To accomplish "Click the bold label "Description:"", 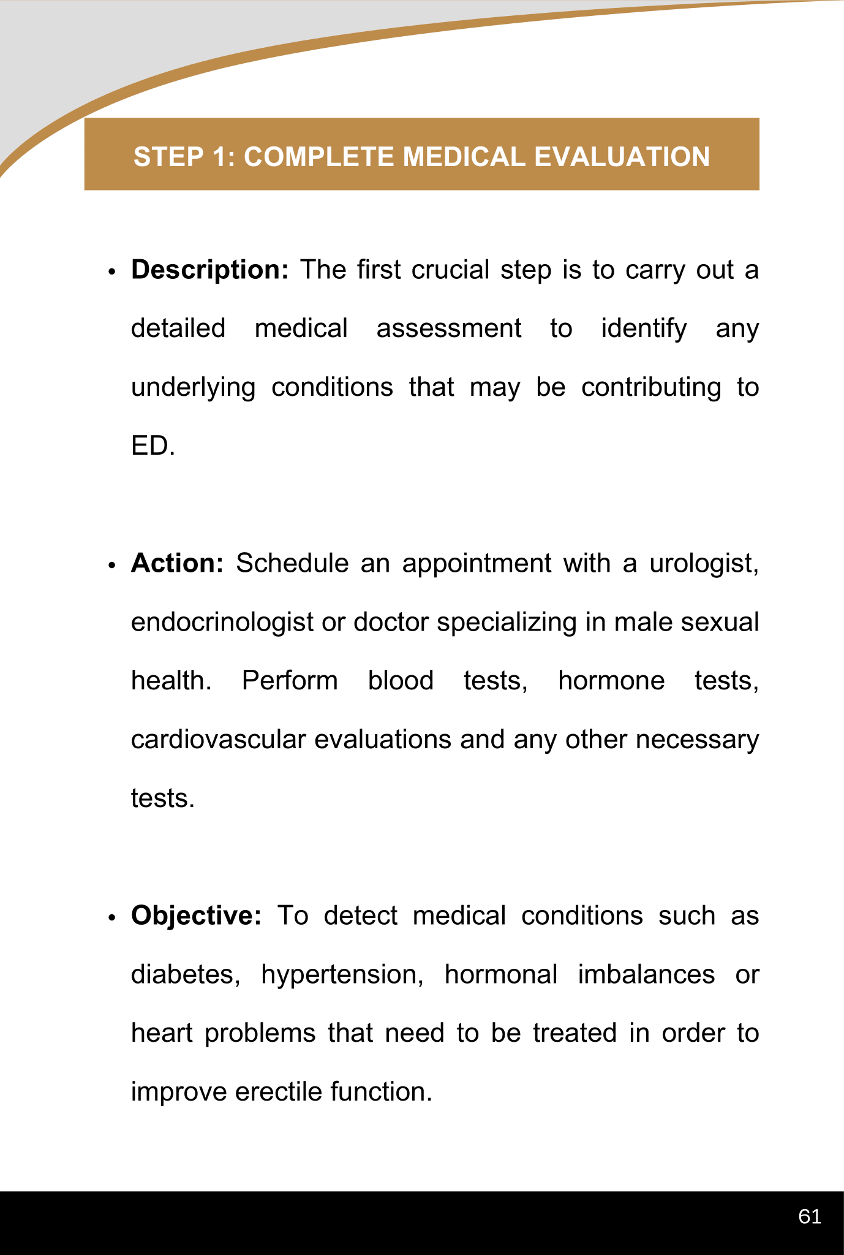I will (x=209, y=270).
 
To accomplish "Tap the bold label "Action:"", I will (x=177, y=563).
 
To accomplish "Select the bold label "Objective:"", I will (x=196, y=916).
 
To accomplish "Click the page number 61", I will (x=810, y=1216).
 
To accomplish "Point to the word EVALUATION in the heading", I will (x=622, y=157).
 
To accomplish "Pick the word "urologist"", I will (x=703, y=563).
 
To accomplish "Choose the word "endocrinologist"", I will (x=222, y=622).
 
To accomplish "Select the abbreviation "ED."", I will (x=153, y=446).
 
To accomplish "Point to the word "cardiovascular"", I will (x=218, y=740).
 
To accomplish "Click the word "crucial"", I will (x=450, y=270).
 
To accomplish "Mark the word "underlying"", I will (x=193, y=387).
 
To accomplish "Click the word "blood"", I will (x=401, y=681).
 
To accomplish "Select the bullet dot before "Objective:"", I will (x=111, y=917).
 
